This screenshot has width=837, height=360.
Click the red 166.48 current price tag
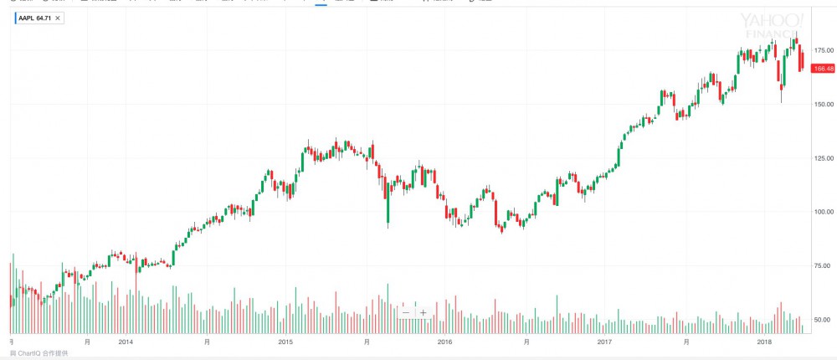coord(824,68)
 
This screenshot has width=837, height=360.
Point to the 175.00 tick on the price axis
coord(823,50)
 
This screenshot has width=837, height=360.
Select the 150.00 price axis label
coord(823,104)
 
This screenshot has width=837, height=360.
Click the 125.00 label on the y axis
coord(823,157)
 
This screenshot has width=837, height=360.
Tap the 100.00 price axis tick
coord(823,211)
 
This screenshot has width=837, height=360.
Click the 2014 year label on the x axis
coord(126,342)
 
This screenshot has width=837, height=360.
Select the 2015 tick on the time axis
coord(285,342)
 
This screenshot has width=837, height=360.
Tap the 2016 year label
coord(444,342)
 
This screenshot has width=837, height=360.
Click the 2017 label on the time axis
coord(604,342)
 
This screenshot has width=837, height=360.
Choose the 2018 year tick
coord(763,342)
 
